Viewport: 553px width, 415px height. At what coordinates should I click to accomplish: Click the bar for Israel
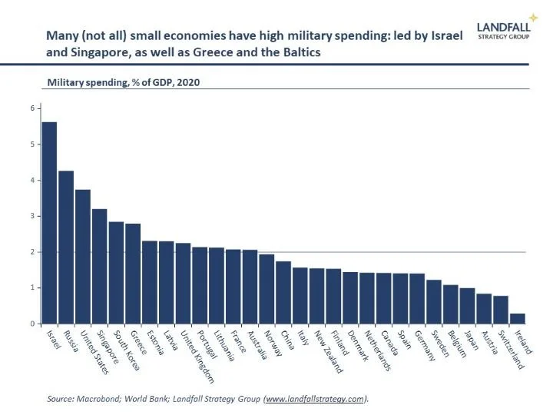[x=49, y=223]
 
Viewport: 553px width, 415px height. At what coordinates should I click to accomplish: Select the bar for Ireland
[x=517, y=319]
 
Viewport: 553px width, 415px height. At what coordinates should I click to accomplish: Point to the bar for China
[x=283, y=293]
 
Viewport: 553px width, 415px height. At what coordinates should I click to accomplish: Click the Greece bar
[x=133, y=274]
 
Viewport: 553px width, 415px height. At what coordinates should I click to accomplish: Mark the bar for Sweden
[x=433, y=302]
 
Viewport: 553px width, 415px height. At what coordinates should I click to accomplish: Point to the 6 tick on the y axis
[x=33, y=108]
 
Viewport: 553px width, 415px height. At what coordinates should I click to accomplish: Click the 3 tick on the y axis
[x=33, y=216]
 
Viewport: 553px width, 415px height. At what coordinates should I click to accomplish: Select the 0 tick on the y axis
[x=33, y=324]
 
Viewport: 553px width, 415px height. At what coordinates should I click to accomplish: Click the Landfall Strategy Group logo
[x=503, y=28]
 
